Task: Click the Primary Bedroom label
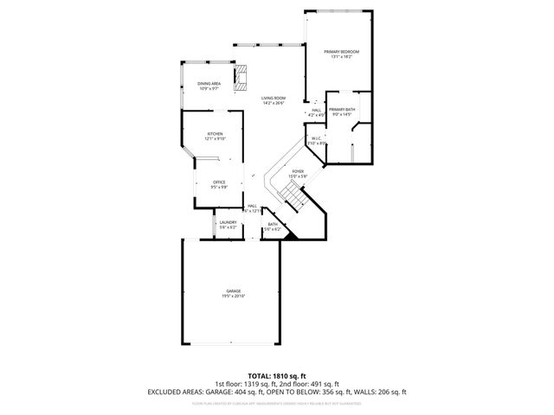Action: click(x=341, y=52)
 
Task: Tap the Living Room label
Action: click(x=274, y=98)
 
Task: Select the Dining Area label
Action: click(x=209, y=83)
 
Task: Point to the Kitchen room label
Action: click(x=215, y=134)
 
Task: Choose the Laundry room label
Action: click(x=228, y=222)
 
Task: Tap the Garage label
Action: click(x=234, y=290)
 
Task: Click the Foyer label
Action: click(x=297, y=171)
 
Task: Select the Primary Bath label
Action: click(x=343, y=110)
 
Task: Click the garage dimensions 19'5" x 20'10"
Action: click(x=234, y=297)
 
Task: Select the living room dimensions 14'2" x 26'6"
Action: click(x=274, y=104)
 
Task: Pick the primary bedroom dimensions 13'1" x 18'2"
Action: click(x=341, y=58)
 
